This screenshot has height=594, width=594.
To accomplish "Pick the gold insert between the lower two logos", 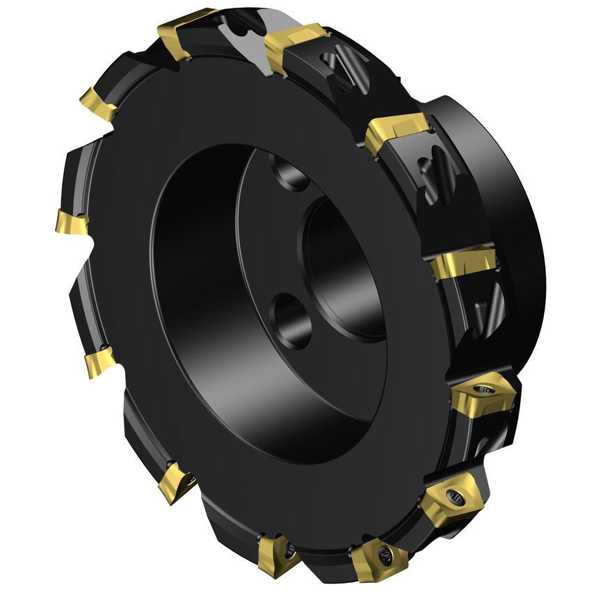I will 463,265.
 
